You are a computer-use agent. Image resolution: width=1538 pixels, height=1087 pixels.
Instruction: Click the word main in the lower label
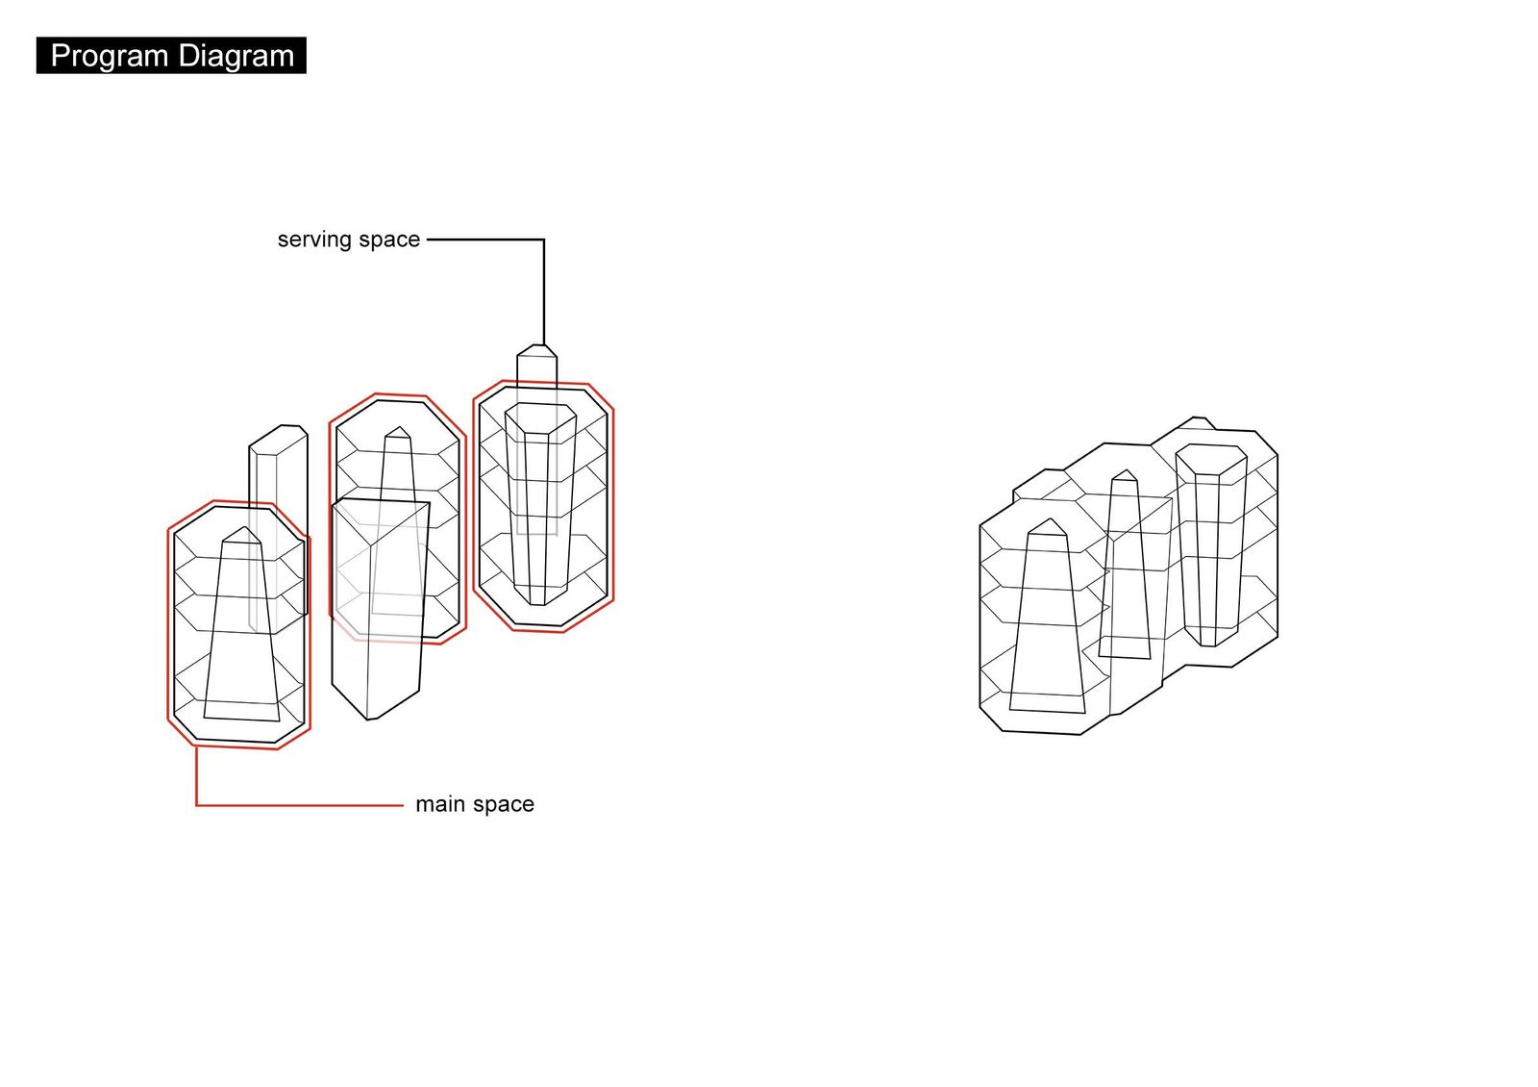pos(437,804)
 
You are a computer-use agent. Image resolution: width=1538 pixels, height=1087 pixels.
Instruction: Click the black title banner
pos(172,56)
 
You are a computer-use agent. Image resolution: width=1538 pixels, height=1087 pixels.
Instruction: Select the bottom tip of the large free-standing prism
pos(369,720)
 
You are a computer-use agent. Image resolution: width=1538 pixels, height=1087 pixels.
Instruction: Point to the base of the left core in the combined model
pos(1047,703)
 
